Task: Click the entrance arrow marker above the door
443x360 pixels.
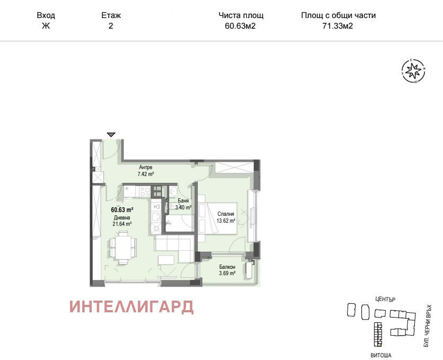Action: (110, 135)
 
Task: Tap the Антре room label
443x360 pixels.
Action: (145, 168)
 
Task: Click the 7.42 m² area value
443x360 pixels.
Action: (145, 174)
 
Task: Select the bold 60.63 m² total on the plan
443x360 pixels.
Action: (121, 209)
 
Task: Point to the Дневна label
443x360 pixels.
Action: (121, 217)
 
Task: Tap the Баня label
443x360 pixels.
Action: (183, 200)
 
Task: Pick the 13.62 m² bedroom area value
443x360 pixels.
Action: (227, 221)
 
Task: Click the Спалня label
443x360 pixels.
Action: (226, 214)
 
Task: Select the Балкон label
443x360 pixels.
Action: (228, 267)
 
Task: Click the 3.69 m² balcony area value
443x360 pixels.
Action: (227, 274)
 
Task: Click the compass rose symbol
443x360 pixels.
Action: (413, 71)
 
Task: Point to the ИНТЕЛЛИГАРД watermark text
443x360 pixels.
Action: (131, 307)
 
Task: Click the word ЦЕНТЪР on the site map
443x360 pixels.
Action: (385, 299)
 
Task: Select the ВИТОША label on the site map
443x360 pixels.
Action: (382, 354)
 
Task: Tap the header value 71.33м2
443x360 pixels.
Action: (338, 25)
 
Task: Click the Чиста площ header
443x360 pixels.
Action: (241, 15)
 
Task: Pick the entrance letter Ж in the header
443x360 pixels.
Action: (46, 25)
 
